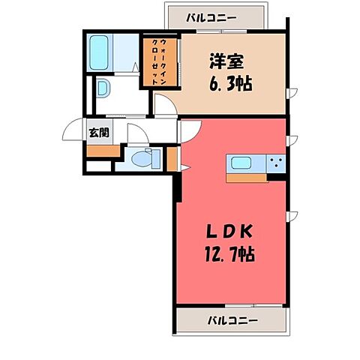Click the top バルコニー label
point(214,16)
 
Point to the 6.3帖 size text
point(228,83)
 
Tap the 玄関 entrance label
point(98,133)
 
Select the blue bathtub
point(99,52)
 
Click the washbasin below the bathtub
point(103,88)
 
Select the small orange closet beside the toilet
point(172,160)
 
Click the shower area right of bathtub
point(128,52)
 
